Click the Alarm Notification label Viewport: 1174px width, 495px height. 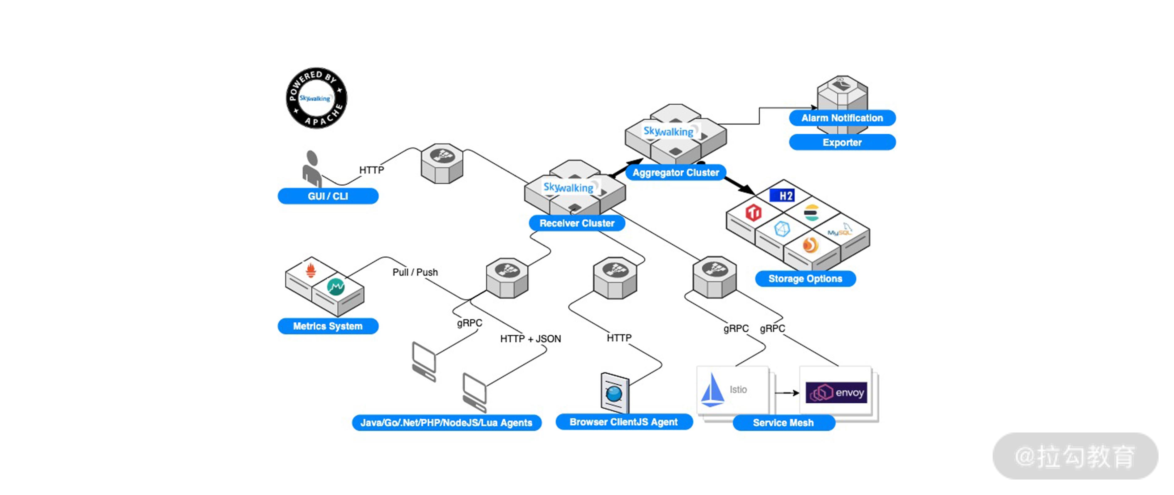[x=842, y=118]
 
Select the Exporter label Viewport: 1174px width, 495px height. [x=842, y=142]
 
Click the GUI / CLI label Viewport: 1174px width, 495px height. [x=328, y=196]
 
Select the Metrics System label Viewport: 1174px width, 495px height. [x=328, y=326]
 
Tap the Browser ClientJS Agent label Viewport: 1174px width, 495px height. [x=623, y=422]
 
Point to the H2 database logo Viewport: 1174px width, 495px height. [x=782, y=196]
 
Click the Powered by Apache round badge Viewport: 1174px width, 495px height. [x=316, y=98]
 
